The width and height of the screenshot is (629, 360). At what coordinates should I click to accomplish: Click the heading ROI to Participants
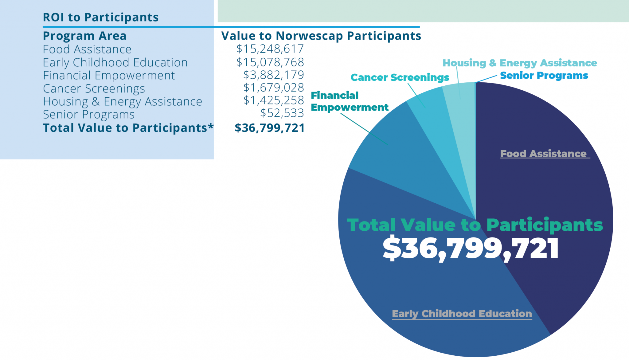[x=100, y=18]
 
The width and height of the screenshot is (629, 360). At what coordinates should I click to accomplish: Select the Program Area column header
[x=84, y=36]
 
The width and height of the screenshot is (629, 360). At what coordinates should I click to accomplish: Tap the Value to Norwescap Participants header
[x=321, y=36]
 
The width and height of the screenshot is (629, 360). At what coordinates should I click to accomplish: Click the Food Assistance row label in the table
[x=87, y=49]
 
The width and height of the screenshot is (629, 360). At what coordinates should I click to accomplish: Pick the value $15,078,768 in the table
[x=270, y=62]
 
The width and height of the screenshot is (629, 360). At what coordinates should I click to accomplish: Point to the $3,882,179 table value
[x=273, y=75]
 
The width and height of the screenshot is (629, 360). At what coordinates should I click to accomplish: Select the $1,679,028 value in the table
[x=273, y=88]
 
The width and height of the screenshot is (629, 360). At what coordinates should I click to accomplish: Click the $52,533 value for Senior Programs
[x=282, y=113]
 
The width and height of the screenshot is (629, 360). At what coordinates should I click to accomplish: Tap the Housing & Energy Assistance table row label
[x=122, y=102]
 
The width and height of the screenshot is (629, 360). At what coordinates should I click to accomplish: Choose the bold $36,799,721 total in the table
[x=270, y=128]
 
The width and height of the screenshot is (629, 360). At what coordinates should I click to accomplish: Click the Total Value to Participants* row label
[x=128, y=128]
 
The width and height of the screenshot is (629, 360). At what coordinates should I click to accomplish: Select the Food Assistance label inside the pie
[x=543, y=154]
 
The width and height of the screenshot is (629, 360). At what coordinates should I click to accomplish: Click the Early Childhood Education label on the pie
[x=462, y=314]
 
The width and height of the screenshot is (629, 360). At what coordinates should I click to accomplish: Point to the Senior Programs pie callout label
[x=544, y=76]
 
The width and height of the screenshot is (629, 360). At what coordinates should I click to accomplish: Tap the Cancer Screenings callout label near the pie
[x=400, y=77]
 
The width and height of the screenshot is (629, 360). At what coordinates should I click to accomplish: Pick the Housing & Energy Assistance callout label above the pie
[x=520, y=63]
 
